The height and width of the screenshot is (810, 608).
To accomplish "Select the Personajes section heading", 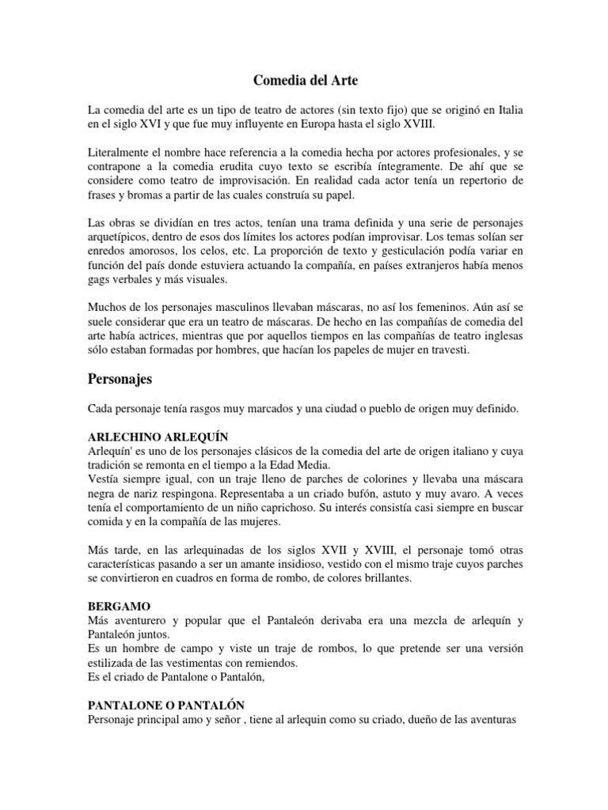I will (x=120, y=379).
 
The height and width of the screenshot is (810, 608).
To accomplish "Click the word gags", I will (x=101, y=280).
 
